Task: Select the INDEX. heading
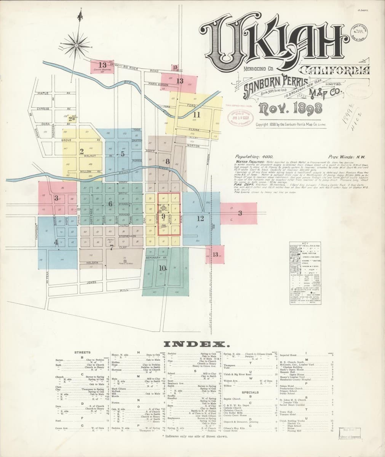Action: click(x=196, y=344)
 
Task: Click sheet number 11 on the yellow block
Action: click(x=196, y=114)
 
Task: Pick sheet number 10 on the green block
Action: click(x=163, y=267)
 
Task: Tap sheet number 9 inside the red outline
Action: click(x=163, y=216)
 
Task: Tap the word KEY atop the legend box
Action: click(x=305, y=243)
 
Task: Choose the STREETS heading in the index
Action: click(x=82, y=353)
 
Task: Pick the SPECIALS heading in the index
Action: click(x=250, y=392)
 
